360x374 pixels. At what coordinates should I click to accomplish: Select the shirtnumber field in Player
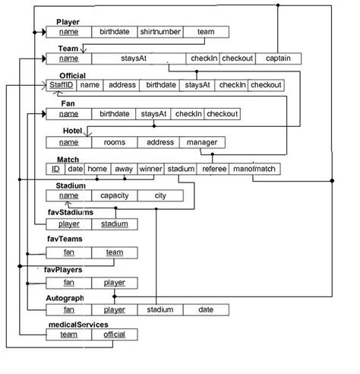(x=159, y=32)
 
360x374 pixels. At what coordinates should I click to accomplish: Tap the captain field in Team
(x=278, y=59)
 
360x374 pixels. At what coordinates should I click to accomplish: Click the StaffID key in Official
(x=61, y=85)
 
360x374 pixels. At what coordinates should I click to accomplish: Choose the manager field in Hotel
(x=202, y=142)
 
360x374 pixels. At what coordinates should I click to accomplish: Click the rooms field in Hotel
(x=114, y=142)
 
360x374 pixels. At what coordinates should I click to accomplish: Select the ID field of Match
(x=55, y=169)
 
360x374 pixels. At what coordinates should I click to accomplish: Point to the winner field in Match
(x=150, y=169)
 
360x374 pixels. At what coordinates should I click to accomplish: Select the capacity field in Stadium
(x=114, y=195)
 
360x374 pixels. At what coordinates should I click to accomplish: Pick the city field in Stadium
(x=160, y=195)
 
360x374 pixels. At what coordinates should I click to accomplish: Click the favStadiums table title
(x=71, y=213)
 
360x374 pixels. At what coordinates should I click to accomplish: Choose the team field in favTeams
(x=114, y=252)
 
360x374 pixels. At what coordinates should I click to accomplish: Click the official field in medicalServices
(x=114, y=334)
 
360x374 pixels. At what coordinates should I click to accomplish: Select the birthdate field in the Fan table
(x=114, y=114)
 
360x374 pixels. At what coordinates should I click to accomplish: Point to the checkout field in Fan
(x=222, y=114)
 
